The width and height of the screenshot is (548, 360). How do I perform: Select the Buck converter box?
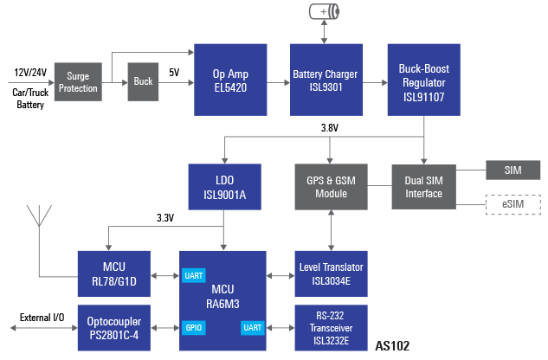(x=144, y=81)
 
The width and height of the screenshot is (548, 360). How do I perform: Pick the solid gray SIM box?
(x=513, y=170)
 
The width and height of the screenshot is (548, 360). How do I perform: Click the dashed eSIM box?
(x=513, y=205)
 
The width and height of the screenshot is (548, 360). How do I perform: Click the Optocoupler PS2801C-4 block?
(x=114, y=326)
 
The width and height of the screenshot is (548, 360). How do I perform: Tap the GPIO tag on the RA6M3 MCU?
(x=193, y=329)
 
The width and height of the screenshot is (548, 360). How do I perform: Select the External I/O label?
(x=42, y=318)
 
